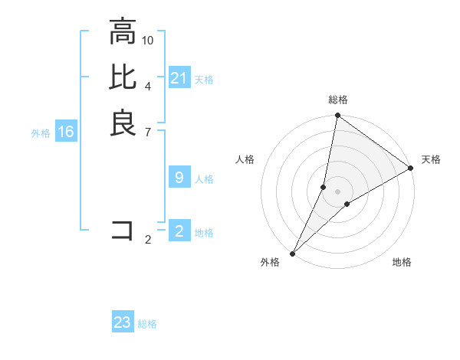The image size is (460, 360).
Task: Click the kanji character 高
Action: [x=123, y=33]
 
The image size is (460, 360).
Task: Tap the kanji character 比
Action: [x=123, y=78]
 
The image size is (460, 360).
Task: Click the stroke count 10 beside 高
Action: [x=148, y=40]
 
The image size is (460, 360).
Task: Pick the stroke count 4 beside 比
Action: [x=148, y=85]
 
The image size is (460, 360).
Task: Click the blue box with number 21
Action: [x=179, y=78]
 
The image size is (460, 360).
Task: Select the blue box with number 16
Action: [x=66, y=133]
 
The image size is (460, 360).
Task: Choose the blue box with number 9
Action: [x=179, y=178]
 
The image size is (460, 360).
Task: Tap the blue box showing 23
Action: [x=123, y=322]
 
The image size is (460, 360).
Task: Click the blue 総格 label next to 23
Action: [x=147, y=324]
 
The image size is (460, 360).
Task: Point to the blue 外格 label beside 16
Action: [x=41, y=133]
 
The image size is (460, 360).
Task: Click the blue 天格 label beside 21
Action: [x=204, y=79]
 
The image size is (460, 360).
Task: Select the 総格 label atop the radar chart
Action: [x=338, y=100]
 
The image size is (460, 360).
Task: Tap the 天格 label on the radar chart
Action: [x=431, y=159]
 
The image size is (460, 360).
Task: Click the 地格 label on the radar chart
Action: [x=402, y=262]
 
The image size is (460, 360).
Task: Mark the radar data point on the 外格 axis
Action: [x=293, y=253]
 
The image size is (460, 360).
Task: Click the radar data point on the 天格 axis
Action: [x=411, y=168]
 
